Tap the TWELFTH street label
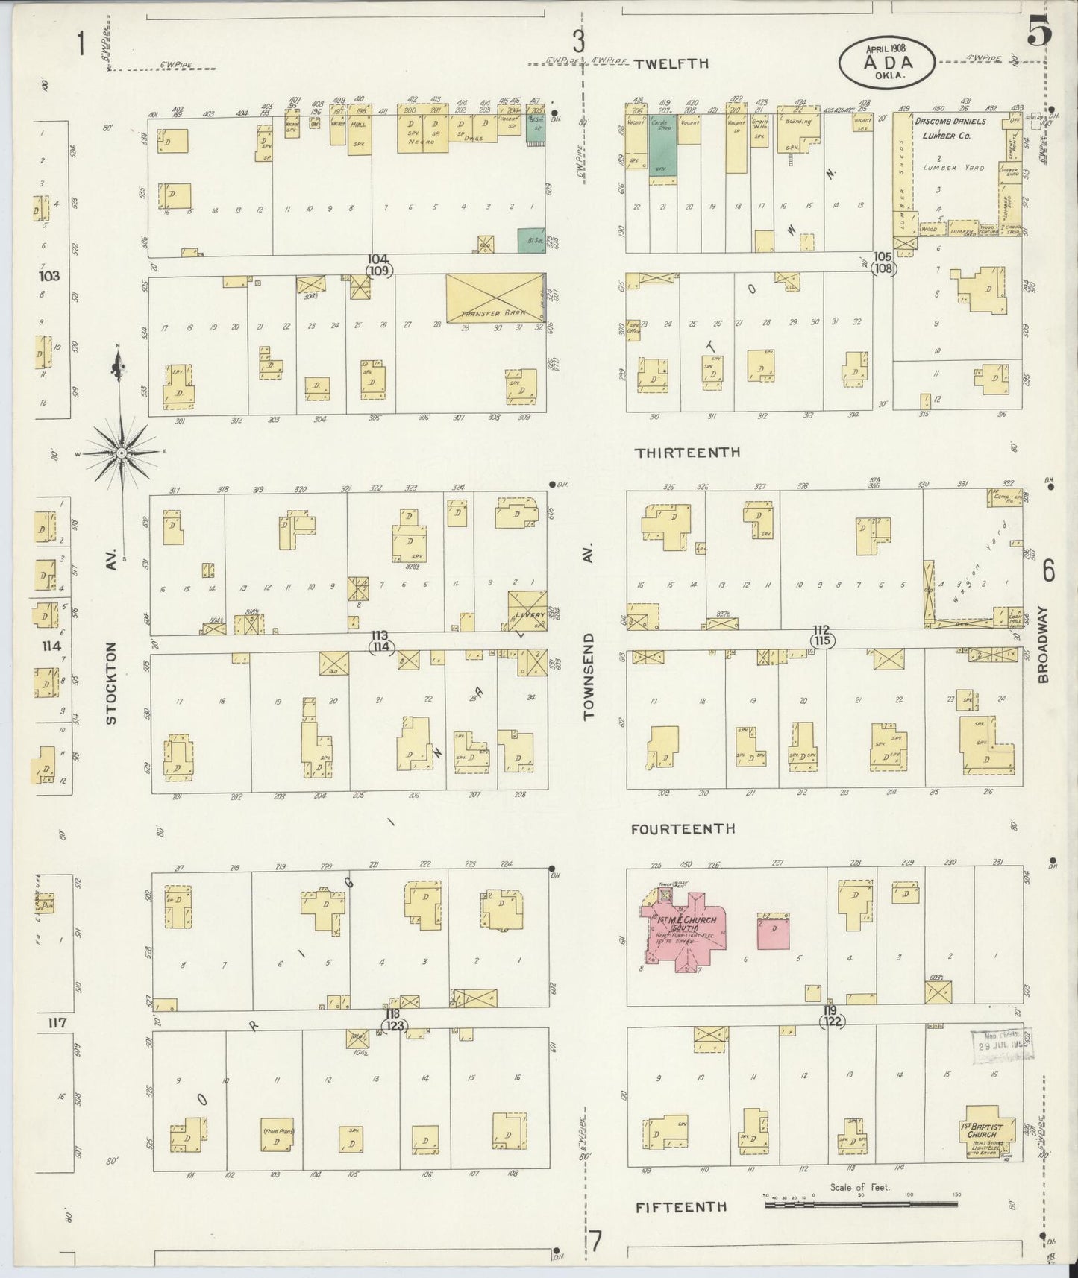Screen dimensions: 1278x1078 pos(671,64)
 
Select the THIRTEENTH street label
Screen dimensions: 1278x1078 pos(687,452)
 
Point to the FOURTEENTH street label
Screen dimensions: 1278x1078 pos(683,828)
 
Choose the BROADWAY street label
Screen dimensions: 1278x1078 pos(1042,643)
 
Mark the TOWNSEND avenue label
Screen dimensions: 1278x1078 pos(589,675)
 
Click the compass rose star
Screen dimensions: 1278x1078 pos(121,453)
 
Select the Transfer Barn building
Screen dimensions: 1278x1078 pos(495,299)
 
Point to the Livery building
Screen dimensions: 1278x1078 pos(527,611)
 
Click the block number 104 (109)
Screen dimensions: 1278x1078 pos(379,265)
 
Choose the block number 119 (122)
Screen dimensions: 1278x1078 pos(830,1016)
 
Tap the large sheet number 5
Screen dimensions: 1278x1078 pos(1038,32)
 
